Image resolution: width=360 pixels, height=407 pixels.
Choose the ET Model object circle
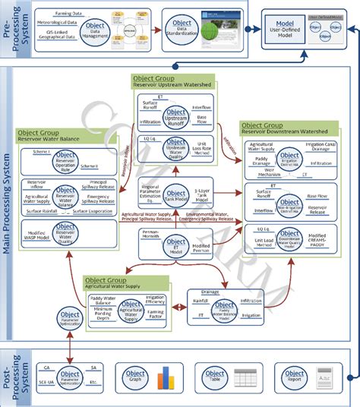pyautogui.click(x=175, y=245)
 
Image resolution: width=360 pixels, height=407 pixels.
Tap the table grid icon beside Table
pyautogui.click(x=245, y=377)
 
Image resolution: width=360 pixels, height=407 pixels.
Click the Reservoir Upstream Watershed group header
pyautogui.click(x=174, y=80)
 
